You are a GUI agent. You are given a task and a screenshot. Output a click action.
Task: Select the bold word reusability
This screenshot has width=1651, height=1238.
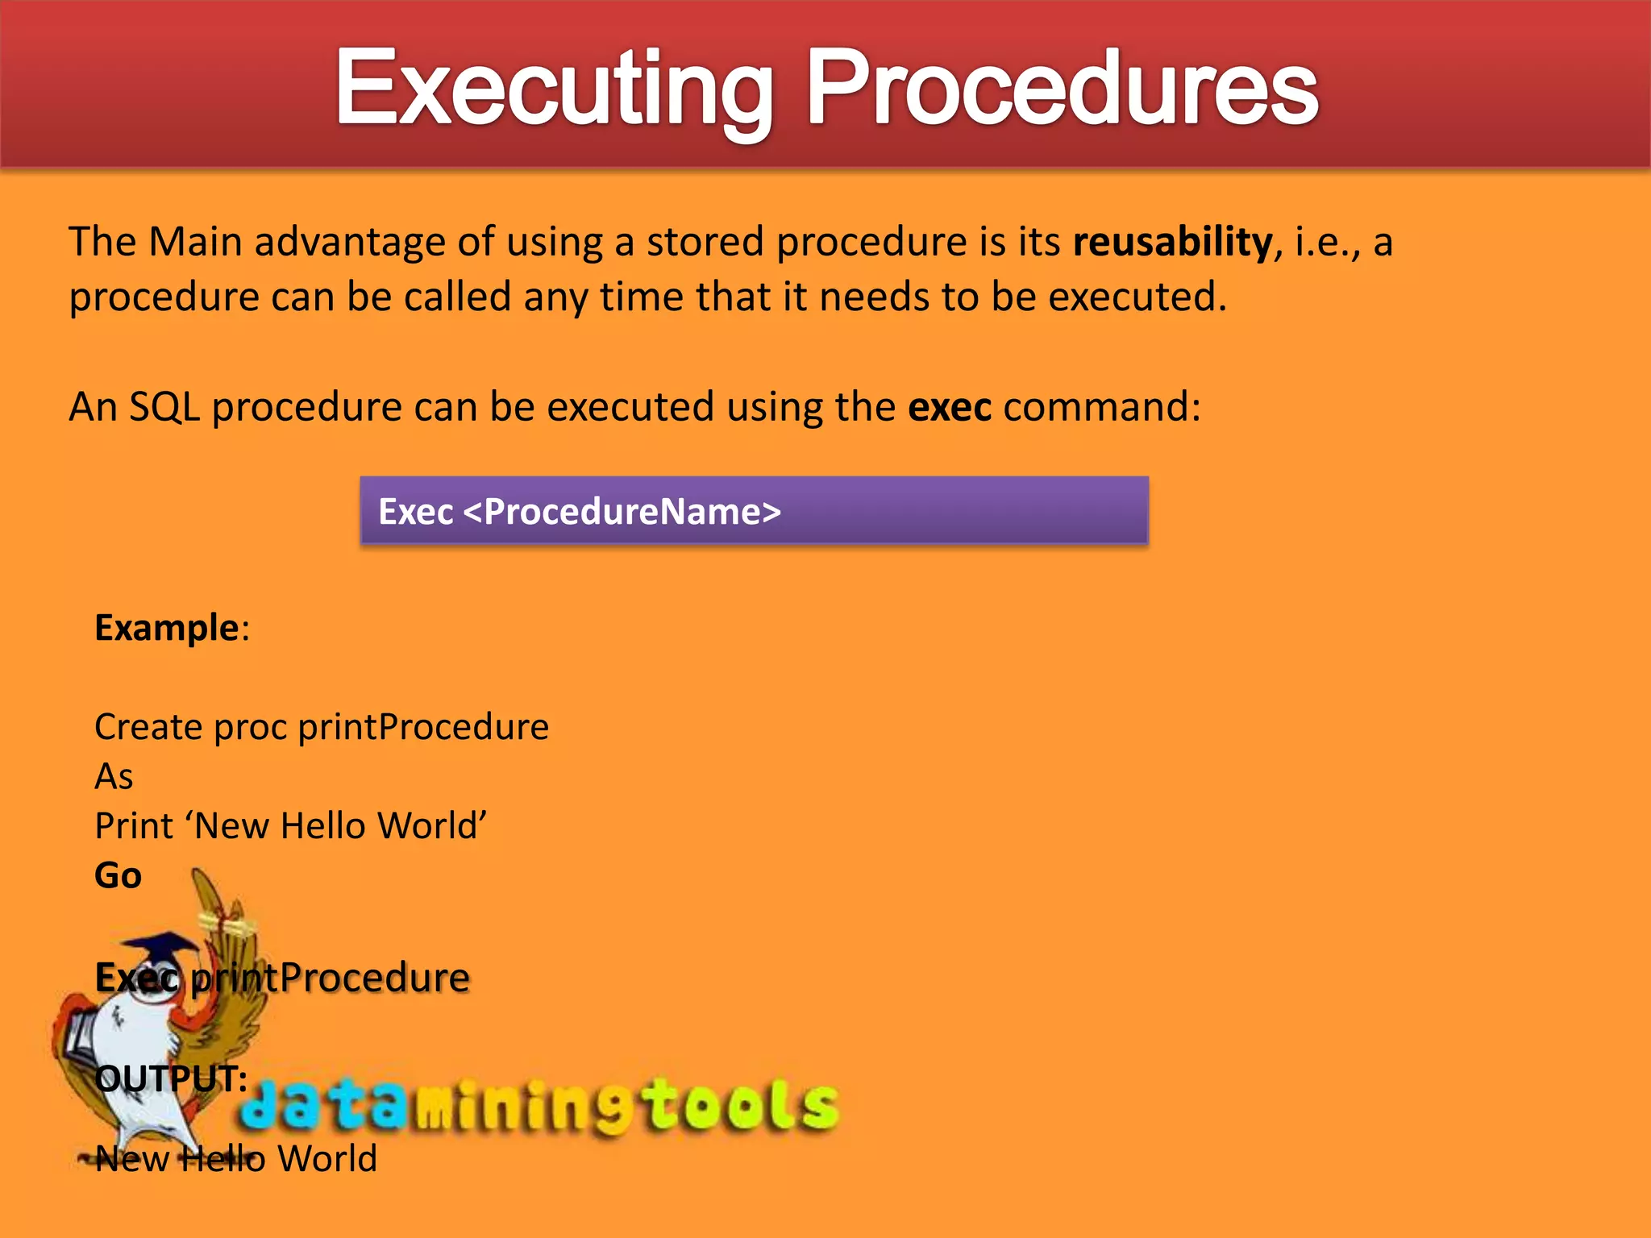pyautogui.click(x=1172, y=242)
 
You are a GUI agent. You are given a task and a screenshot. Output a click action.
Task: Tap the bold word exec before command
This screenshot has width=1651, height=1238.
pyautogui.click(x=949, y=407)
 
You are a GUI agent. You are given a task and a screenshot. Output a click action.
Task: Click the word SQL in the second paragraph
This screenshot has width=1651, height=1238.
pyautogui.click(x=164, y=407)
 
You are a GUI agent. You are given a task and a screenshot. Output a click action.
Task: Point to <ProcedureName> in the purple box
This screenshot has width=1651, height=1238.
pyautogui.click(x=622, y=512)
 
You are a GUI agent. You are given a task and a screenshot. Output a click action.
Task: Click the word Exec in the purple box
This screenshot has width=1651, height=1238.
pyautogui.click(x=415, y=512)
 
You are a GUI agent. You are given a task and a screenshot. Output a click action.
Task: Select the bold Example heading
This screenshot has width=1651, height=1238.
pyautogui.click(x=167, y=628)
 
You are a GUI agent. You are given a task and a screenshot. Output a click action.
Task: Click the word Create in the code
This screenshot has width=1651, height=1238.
pyautogui.click(x=148, y=727)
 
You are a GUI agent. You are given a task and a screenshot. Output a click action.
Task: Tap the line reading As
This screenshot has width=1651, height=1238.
pyautogui.click(x=114, y=777)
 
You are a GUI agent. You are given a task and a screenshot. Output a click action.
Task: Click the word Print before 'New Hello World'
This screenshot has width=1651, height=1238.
pyautogui.click(x=134, y=826)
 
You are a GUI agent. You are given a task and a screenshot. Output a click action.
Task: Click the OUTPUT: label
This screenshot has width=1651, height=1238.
pyautogui.click(x=171, y=1078)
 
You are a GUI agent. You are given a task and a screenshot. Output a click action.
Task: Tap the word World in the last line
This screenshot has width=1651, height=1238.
pyautogui.click(x=327, y=1159)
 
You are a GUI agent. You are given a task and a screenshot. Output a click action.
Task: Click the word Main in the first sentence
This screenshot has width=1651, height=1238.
pyautogui.click(x=195, y=242)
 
